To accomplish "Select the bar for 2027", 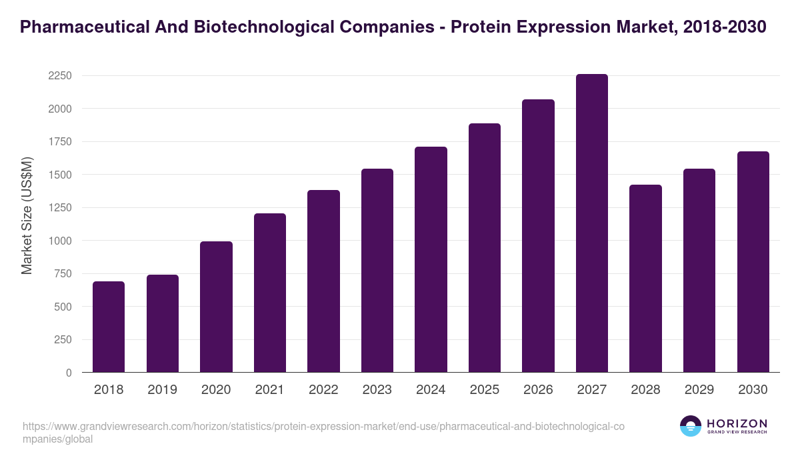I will coord(591,223).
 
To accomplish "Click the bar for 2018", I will coord(109,327).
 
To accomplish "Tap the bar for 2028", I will coord(645,279).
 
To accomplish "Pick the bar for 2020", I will coord(216,307).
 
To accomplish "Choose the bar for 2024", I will coord(431,259).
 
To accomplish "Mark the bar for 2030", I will coord(753,262).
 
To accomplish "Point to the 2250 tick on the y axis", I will coord(59,76).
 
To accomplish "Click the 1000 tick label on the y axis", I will coord(59,241).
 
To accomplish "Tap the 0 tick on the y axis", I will coord(68,373).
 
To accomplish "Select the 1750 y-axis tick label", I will coord(59,142).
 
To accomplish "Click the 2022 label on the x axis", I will coord(323,390).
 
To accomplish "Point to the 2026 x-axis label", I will coord(538,390).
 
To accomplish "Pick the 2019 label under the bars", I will coord(162,390).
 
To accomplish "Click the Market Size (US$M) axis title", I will coord(27,215).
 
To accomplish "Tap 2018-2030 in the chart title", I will coord(725,27).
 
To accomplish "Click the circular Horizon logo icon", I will coord(691,426).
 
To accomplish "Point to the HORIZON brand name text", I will coord(737,423).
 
